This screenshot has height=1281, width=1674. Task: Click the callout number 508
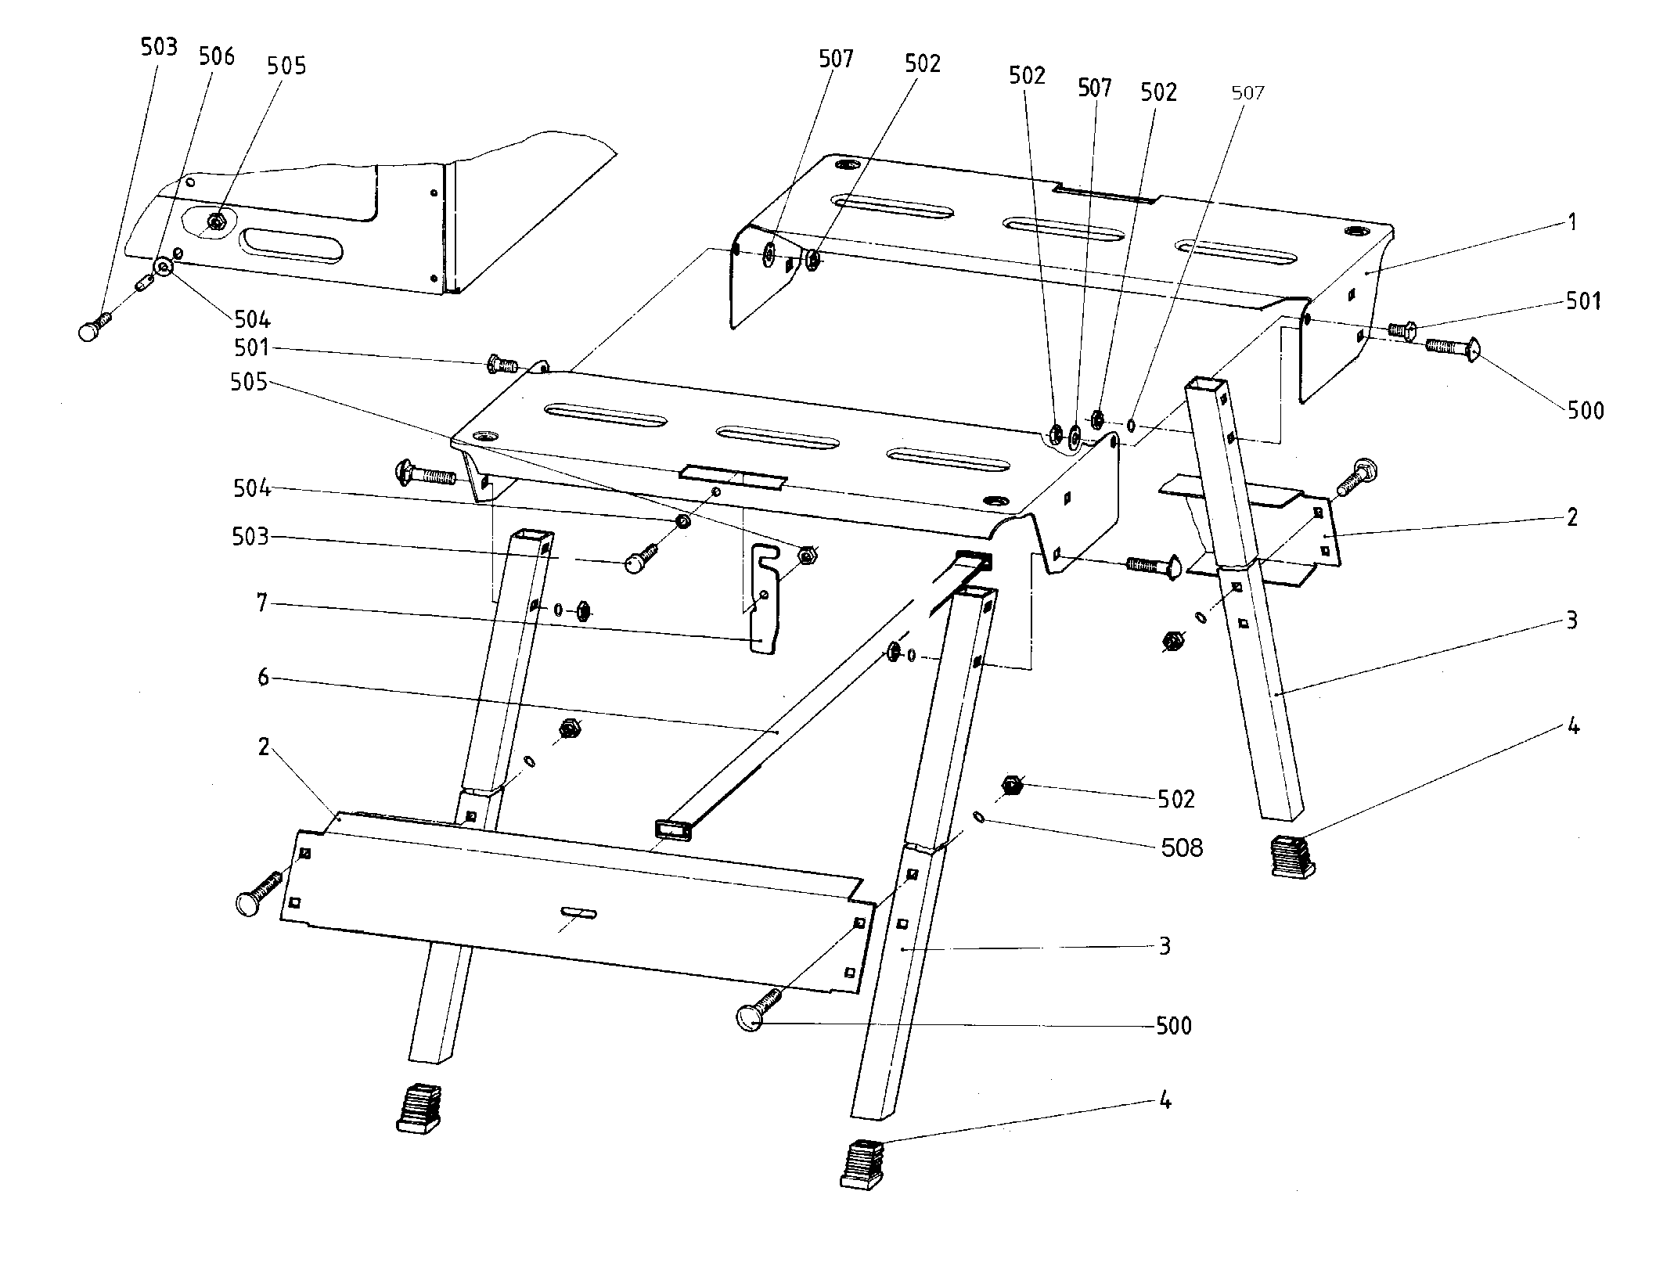tap(1182, 847)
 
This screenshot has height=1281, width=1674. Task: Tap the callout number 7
tap(262, 603)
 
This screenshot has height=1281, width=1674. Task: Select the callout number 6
tap(263, 677)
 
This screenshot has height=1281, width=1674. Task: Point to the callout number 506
tap(216, 56)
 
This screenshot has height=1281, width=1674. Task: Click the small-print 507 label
tap(1247, 93)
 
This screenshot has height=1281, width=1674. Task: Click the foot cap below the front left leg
tap(419, 1107)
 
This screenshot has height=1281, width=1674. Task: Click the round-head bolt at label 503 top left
tap(93, 329)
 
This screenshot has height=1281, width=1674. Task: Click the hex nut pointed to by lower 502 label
tap(1011, 785)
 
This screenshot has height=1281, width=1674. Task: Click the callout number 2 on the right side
tap(1571, 516)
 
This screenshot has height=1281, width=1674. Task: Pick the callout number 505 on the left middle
tap(249, 382)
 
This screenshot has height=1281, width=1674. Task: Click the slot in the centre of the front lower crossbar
tap(578, 913)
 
